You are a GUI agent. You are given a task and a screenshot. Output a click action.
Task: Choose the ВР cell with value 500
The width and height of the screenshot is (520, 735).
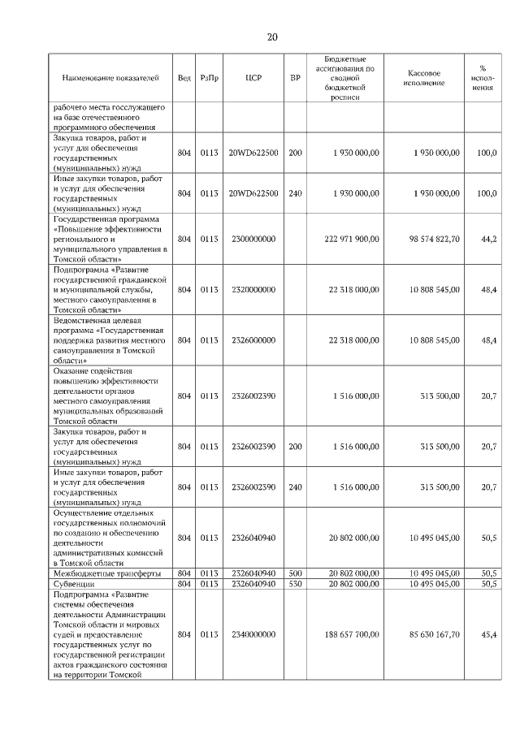click(295, 573)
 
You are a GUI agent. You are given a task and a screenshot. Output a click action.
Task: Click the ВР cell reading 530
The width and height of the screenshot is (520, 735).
click(295, 583)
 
